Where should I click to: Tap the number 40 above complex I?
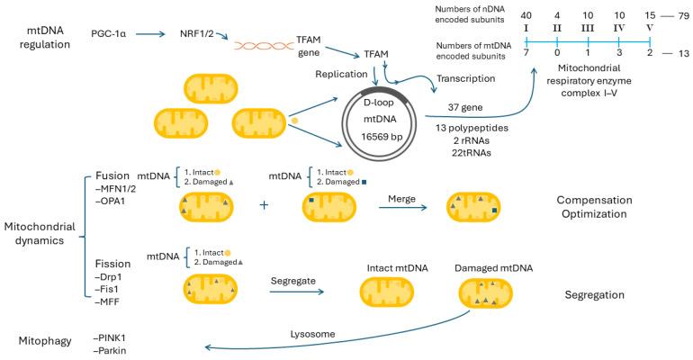(x=526, y=14)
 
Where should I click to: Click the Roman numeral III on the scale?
(x=588, y=28)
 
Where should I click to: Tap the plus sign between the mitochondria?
(x=264, y=205)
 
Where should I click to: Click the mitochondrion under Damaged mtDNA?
(x=486, y=292)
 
